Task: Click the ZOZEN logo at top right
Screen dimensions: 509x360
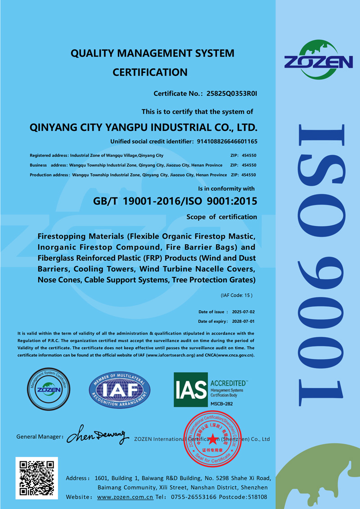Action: click(318, 59)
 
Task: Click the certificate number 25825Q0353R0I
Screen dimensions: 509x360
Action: click(231, 94)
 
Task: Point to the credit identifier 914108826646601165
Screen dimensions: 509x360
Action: click(227, 141)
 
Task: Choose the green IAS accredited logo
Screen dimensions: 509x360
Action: click(191, 390)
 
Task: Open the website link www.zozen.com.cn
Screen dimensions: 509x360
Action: click(126, 497)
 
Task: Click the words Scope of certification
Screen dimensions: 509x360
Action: click(222, 217)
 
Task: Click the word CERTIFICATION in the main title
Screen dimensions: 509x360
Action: click(150, 72)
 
